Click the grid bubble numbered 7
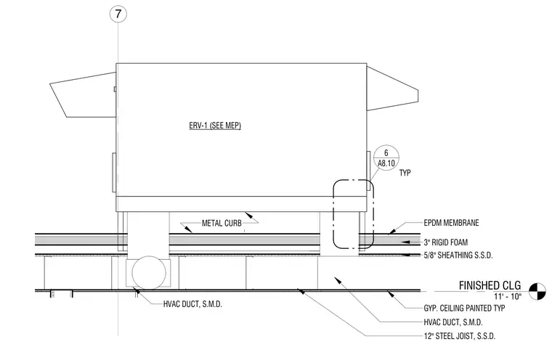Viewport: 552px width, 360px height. (x=118, y=14)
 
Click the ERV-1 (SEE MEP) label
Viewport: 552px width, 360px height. (x=215, y=126)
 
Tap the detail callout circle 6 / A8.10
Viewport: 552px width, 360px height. (x=386, y=157)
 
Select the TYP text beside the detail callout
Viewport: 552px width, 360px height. (x=405, y=173)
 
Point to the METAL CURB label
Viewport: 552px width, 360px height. (x=222, y=223)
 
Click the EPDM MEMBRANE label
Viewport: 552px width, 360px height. (x=451, y=223)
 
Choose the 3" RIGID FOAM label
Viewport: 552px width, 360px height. (x=446, y=242)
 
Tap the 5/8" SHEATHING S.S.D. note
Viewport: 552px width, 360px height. (x=458, y=255)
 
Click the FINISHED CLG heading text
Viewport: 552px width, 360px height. (x=490, y=285)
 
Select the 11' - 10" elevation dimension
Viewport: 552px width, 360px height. (x=507, y=296)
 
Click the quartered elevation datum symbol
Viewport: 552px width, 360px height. (x=537, y=291)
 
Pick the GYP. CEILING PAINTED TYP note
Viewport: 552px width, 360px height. (x=464, y=308)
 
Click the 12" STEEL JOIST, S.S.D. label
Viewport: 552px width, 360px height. (x=460, y=336)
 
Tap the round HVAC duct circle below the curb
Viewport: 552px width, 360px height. (x=149, y=273)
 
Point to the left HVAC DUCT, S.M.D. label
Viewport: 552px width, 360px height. (x=192, y=304)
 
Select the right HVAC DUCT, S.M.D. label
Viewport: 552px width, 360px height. (x=453, y=322)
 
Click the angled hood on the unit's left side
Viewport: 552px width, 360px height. (x=83, y=95)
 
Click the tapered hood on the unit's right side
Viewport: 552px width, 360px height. (x=392, y=89)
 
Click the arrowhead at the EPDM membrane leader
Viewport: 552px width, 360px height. (x=391, y=232)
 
